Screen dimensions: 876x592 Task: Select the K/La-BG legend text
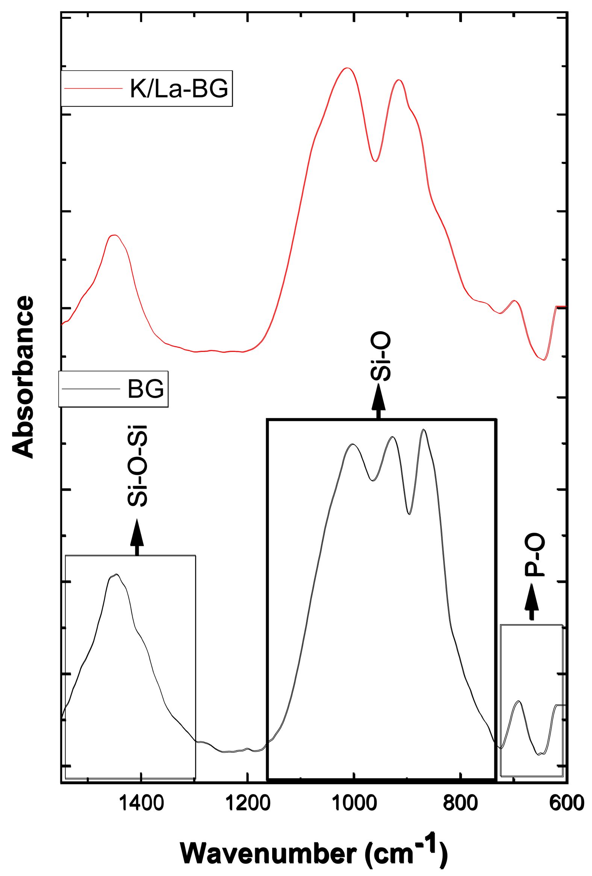179,89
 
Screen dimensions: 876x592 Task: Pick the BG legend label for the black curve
146,389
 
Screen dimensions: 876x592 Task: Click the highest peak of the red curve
347,68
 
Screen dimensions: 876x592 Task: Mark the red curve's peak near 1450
115,235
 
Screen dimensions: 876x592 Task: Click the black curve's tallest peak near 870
424,430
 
